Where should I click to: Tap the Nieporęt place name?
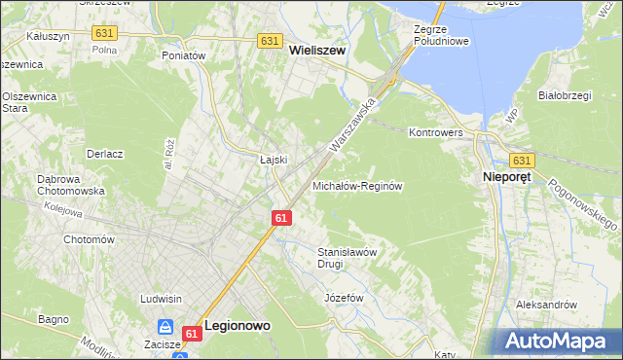(505, 178)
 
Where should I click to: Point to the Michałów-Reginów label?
(356, 185)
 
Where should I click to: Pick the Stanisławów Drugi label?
(348, 257)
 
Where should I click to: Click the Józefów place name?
(344, 297)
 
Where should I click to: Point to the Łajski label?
(273, 160)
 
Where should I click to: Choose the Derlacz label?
(104, 154)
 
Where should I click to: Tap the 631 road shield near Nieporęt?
(522, 161)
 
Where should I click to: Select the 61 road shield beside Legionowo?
(191, 334)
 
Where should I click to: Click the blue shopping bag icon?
(166, 328)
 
